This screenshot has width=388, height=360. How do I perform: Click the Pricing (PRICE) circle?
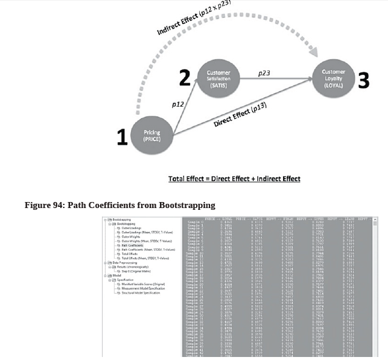click(x=151, y=136)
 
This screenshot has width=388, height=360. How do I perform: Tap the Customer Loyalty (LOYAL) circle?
click(x=333, y=78)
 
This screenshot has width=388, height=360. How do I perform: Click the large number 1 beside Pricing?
click(x=122, y=137)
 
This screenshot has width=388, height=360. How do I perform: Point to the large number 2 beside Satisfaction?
click(x=184, y=78)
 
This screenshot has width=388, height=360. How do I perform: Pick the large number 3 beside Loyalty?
click(x=363, y=80)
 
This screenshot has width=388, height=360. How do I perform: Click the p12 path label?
click(x=177, y=104)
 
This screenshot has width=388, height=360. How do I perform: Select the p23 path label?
click(x=264, y=73)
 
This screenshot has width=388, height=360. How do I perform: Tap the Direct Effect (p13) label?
click(x=240, y=114)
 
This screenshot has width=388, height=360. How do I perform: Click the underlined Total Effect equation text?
click(x=234, y=178)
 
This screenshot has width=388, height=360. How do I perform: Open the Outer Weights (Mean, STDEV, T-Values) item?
click(x=145, y=241)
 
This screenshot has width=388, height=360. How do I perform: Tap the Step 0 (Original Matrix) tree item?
click(x=139, y=271)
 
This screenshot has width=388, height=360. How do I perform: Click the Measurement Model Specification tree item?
click(x=144, y=288)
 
